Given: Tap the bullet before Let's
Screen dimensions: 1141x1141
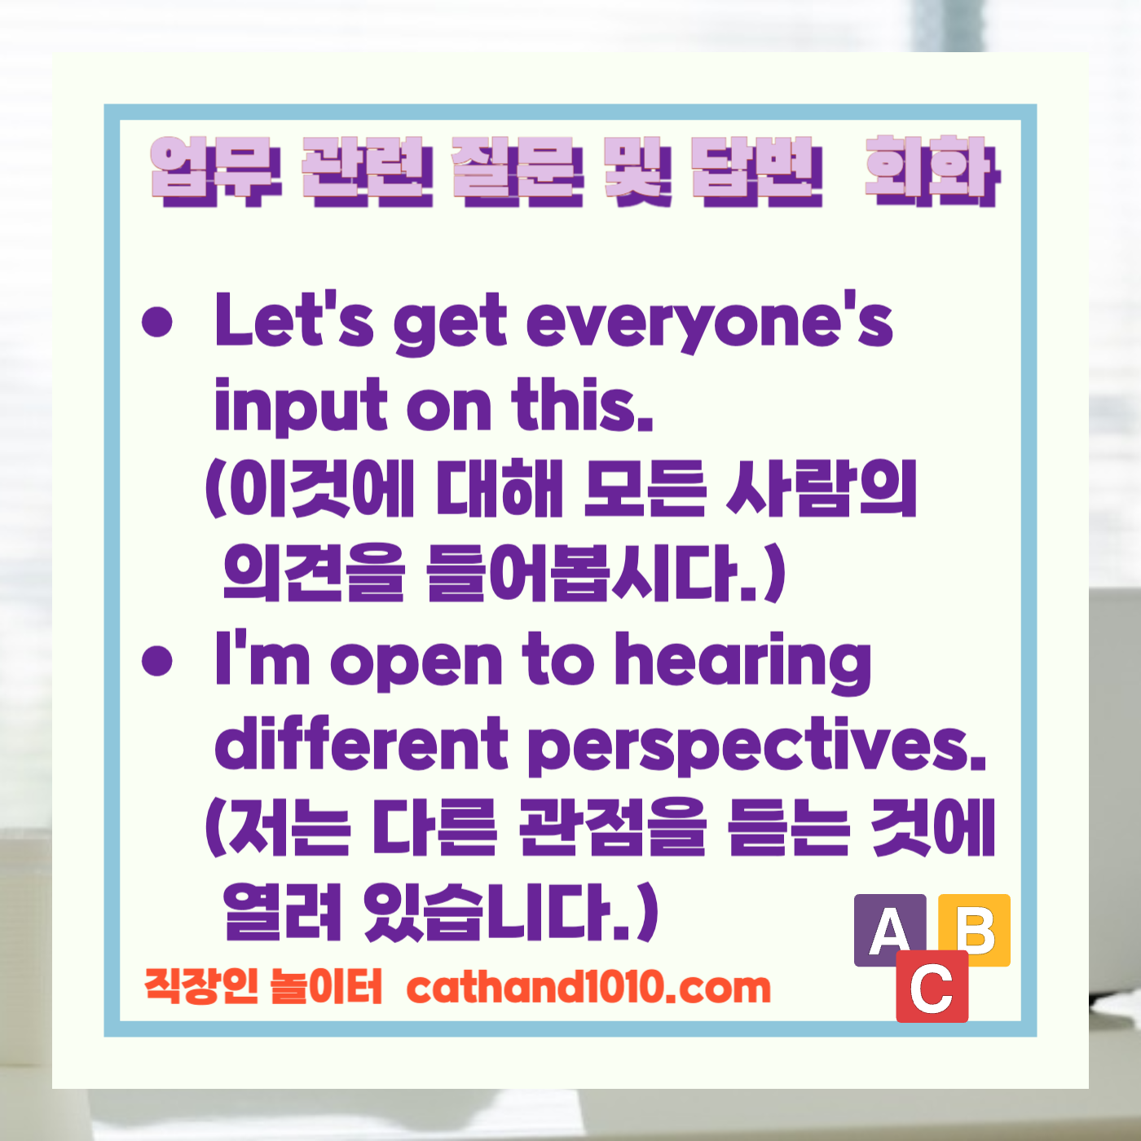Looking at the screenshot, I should [x=157, y=322].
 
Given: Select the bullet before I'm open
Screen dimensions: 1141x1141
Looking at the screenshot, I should [x=157, y=660].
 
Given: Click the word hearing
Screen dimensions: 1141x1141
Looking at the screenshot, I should [x=742, y=662].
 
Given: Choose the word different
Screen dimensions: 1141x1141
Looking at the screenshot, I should [x=361, y=743].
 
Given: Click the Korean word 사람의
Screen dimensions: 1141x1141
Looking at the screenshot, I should [x=822, y=490].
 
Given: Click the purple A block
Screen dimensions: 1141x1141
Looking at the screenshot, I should [x=889, y=930].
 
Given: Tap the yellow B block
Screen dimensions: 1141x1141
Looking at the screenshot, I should [x=975, y=929].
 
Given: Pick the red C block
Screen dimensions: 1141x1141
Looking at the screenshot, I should [x=932, y=987].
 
